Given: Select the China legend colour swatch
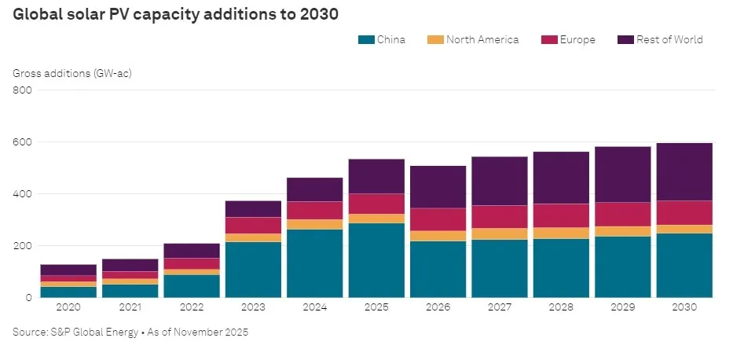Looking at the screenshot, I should point(365,39).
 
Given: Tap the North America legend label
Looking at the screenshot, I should point(482,39).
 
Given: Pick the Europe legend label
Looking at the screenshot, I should point(578,39).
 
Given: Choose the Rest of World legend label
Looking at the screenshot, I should point(670,39).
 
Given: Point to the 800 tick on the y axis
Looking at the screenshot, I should point(21,90).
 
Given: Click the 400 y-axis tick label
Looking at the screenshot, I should point(21,194).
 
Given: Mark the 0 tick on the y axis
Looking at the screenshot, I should point(27,298).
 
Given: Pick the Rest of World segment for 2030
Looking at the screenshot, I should point(684,171).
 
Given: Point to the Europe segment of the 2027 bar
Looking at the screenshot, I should point(500,217).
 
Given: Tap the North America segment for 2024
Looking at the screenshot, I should point(316,224).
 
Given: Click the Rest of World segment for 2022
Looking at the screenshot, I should point(192,251).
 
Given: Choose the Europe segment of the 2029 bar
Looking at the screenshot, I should point(623,215).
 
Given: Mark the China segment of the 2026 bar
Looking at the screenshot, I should point(438,269).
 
